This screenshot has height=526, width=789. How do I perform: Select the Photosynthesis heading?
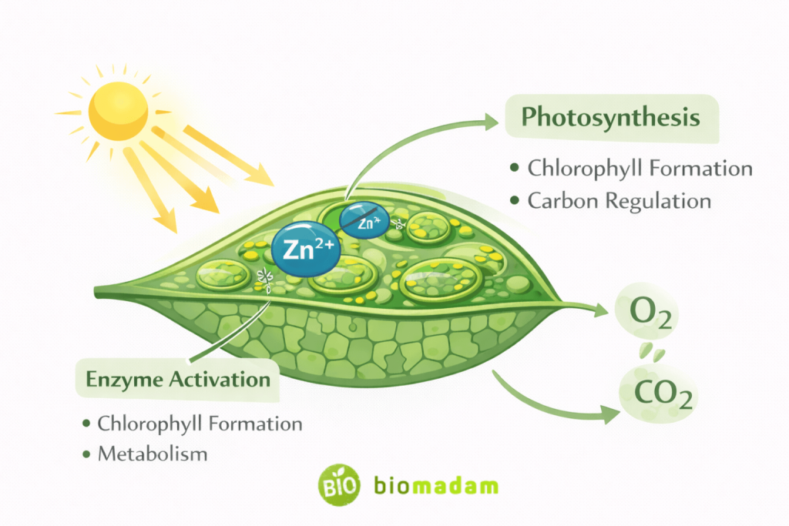tap(610, 118)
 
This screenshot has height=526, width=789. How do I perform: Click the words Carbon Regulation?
tap(619, 201)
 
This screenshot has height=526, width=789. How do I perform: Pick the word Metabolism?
tap(153, 454)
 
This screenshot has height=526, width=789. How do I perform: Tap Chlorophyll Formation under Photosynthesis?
tap(640, 168)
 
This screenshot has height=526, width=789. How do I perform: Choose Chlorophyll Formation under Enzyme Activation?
tap(200, 424)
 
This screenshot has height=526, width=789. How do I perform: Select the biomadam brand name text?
tap(436, 486)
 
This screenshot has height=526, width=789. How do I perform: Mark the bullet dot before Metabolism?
tap(85, 454)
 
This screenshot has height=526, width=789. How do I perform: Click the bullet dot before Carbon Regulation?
tap(515, 202)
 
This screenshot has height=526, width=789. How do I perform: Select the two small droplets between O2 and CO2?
tap(654, 353)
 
